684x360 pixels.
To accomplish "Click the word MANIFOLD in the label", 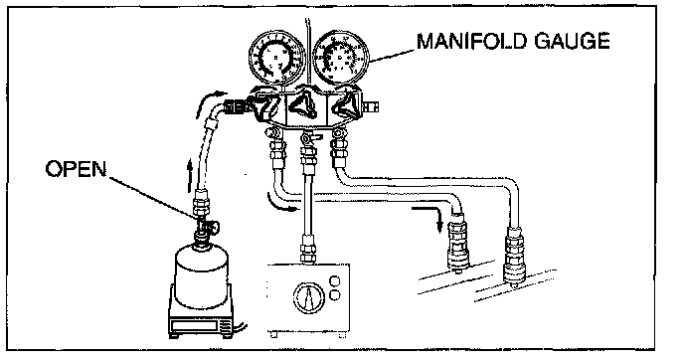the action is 472,42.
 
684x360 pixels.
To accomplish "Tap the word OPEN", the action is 76,169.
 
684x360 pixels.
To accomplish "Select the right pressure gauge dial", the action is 341,58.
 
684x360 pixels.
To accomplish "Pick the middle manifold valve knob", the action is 305,104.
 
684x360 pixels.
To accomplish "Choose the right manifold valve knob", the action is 345,104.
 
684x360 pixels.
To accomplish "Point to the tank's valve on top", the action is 205,226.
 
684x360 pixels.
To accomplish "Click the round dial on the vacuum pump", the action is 309,298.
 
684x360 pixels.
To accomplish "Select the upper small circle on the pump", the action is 335,280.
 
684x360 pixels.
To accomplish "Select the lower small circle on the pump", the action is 335,295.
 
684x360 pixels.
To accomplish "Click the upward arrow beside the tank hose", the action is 190,175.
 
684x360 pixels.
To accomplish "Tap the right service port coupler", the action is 515,258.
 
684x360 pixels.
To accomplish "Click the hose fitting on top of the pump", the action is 308,250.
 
